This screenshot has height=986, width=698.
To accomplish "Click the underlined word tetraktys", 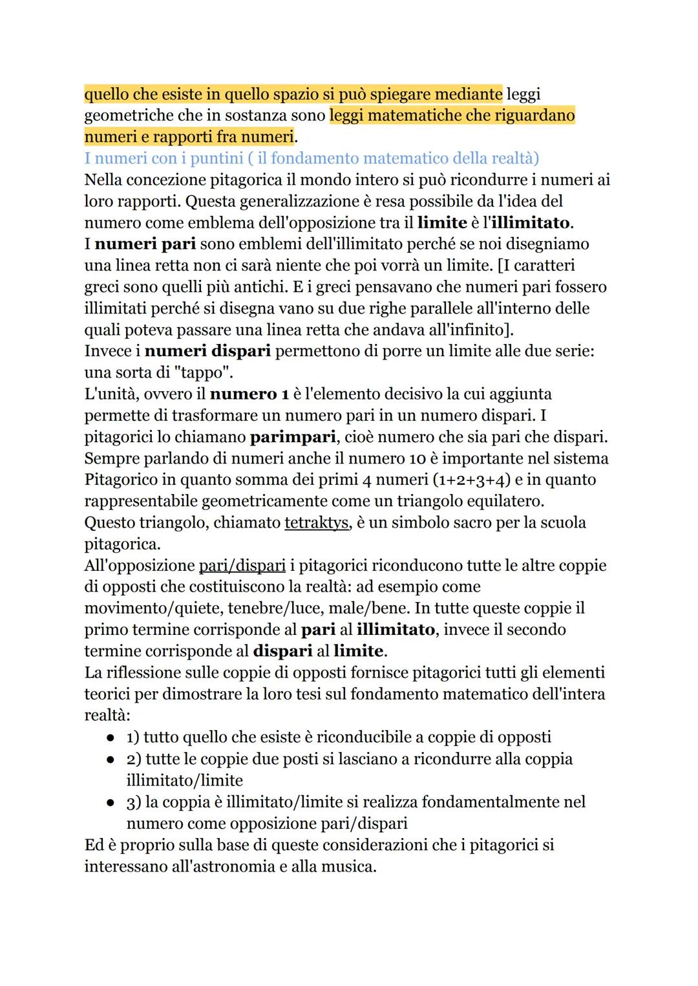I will coord(317,522).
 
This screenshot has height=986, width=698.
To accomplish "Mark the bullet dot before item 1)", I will coord(111,738).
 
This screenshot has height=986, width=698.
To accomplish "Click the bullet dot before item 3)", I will coord(111,802).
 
